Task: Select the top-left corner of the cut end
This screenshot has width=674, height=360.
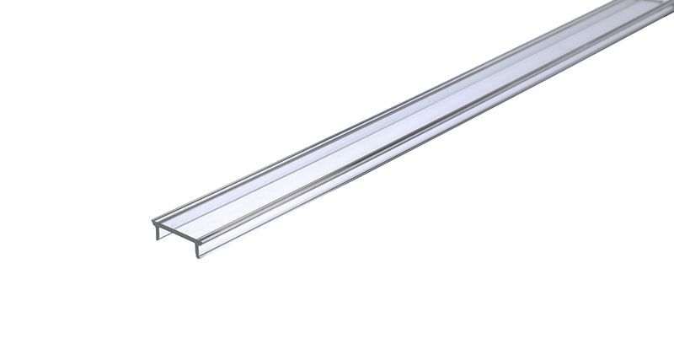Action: (152, 223)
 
